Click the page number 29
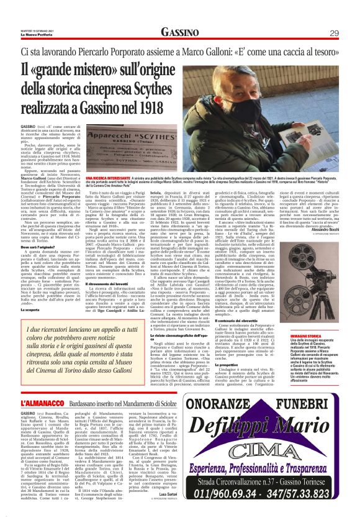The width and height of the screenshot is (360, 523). point(334,32)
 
